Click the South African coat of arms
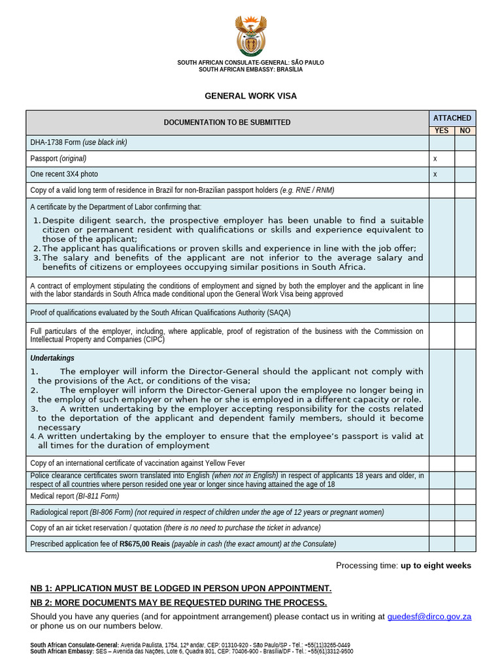(250, 37)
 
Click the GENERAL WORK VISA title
(250, 96)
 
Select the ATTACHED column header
(452, 118)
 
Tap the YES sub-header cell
(442, 131)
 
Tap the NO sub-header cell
(465, 131)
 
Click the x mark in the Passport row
(435, 159)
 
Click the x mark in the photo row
(435, 174)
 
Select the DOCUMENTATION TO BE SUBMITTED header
(227, 123)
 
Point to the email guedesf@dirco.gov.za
(429, 616)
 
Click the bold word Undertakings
(52, 358)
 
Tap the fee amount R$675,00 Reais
(144, 544)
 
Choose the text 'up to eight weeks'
(436, 566)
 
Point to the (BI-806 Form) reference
(111, 512)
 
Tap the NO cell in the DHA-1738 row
(465, 142)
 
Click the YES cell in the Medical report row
(442, 497)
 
